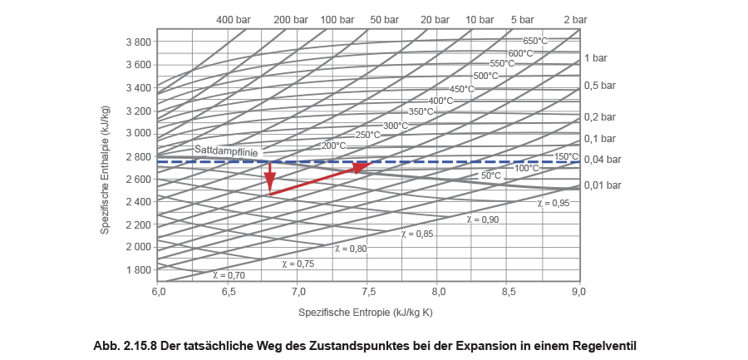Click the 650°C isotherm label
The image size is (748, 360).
click(535, 41)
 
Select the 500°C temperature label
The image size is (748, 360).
click(485, 76)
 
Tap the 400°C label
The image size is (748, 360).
click(440, 101)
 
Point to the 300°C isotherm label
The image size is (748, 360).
click(396, 126)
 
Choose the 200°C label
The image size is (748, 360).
click(333, 145)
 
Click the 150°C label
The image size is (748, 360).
click(566, 156)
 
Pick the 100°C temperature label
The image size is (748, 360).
click(526, 168)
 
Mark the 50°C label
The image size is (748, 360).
click(490, 176)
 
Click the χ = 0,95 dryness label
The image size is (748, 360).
click(554, 203)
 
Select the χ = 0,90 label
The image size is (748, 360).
click(483, 219)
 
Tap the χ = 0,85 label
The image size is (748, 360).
click(417, 234)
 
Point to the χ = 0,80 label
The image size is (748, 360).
click(350, 249)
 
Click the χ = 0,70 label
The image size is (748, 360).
click(229, 274)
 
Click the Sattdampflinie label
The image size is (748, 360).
click(228, 150)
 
